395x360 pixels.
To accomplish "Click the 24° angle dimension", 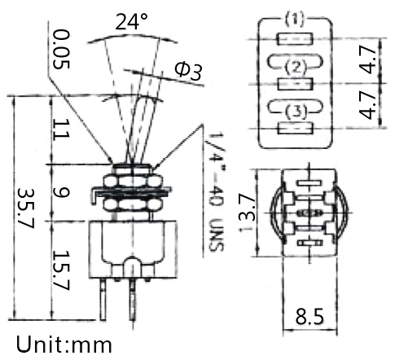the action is pyautogui.click(x=131, y=21).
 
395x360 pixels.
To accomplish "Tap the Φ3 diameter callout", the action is pyautogui.click(x=188, y=71).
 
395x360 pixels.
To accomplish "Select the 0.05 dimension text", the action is pyautogui.click(x=61, y=49).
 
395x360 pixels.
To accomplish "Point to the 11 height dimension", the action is pyautogui.click(x=61, y=130).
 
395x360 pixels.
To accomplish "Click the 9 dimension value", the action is pyautogui.click(x=61, y=192).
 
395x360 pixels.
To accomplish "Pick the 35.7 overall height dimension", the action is pyautogui.click(x=26, y=208).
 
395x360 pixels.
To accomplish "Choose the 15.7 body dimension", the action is pyautogui.click(x=61, y=270).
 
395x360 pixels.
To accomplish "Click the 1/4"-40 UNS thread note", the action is pyautogui.click(x=217, y=192).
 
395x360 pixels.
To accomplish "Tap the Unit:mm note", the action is pyautogui.click(x=64, y=345).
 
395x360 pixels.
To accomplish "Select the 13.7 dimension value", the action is pyautogui.click(x=248, y=213).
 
